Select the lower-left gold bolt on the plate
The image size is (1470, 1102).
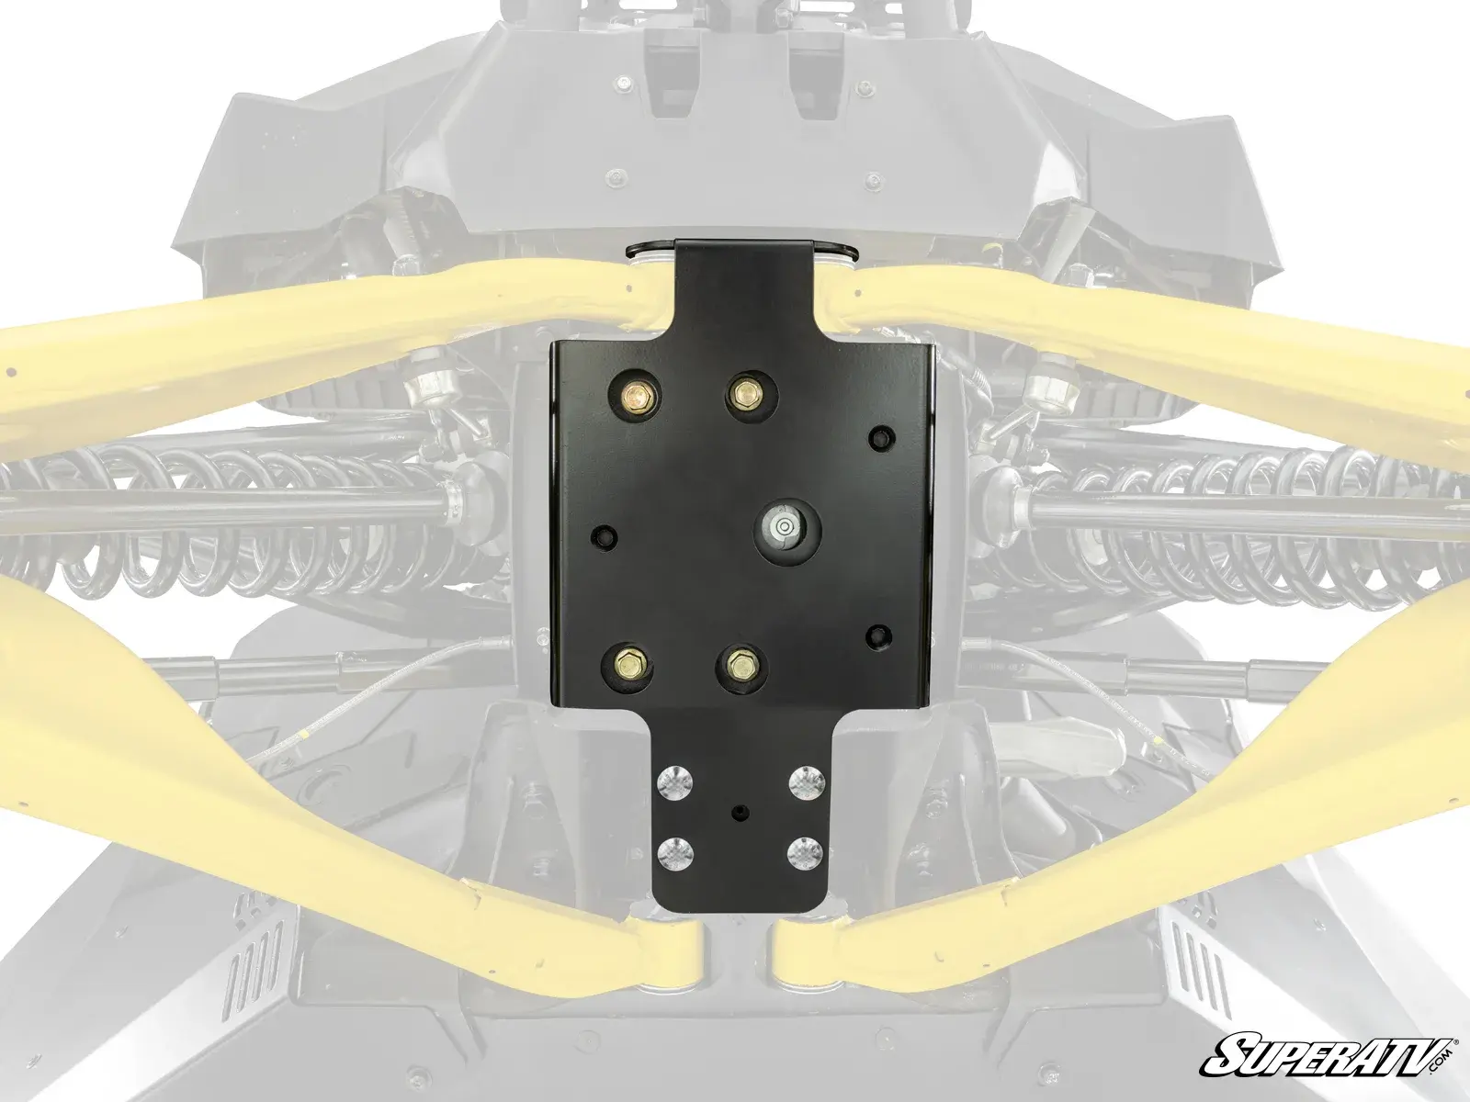[629, 661]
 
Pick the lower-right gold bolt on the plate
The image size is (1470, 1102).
[741, 661]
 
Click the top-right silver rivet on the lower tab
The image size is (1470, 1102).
[806, 780]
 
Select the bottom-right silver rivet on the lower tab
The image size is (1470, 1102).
[806, 851]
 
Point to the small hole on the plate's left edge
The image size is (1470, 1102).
[603, 534]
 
